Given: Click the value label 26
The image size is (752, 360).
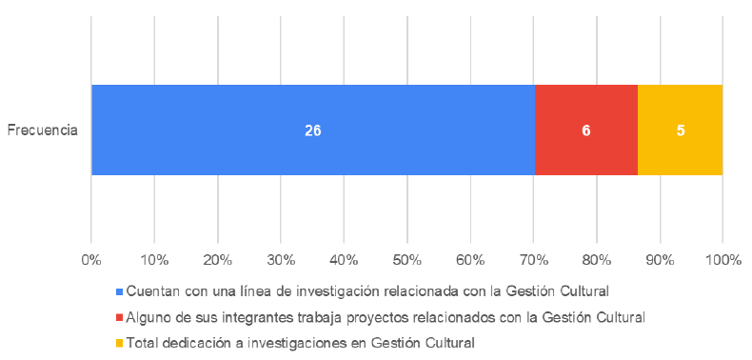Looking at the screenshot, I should coord(312,131).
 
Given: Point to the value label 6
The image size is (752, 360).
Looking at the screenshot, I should coord(586,131).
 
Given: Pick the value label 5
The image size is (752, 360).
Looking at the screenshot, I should coord(681,131).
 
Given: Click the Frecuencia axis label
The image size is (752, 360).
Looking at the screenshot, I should coord(42,130).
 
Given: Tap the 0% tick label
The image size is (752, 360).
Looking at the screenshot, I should coord(91,259).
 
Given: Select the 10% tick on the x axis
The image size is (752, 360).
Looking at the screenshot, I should coord(154,259).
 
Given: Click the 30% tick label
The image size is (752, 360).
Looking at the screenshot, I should coord(281,259).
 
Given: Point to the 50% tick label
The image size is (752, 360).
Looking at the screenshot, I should coord(406,259).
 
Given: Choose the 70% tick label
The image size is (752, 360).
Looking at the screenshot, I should coord(533,259).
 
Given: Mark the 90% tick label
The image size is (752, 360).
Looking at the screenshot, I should coord(660,259).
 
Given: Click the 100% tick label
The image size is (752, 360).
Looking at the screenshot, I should coord(722,259).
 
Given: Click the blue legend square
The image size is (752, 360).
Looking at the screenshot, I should coord(119,290).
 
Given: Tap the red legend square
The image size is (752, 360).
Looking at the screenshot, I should coord(119,316).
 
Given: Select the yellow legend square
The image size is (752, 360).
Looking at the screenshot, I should coord(119,342).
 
